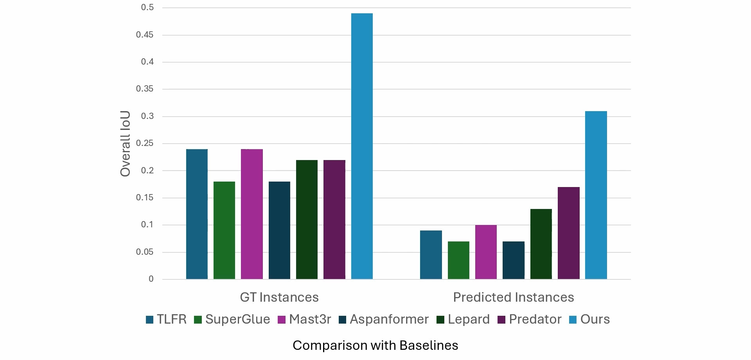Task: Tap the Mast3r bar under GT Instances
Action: (252, 214)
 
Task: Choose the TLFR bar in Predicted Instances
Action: (431, 255)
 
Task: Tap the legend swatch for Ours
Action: (573, 320)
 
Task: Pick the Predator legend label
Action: (535, 319)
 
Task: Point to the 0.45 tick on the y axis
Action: (145, 35)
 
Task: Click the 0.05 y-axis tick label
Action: (145, 252)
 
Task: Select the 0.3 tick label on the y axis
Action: (147, 116)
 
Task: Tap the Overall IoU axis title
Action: (125, 144)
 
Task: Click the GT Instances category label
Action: (279, 297)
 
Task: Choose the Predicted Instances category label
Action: (513, 297)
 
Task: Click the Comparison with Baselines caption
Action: (375, 346)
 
